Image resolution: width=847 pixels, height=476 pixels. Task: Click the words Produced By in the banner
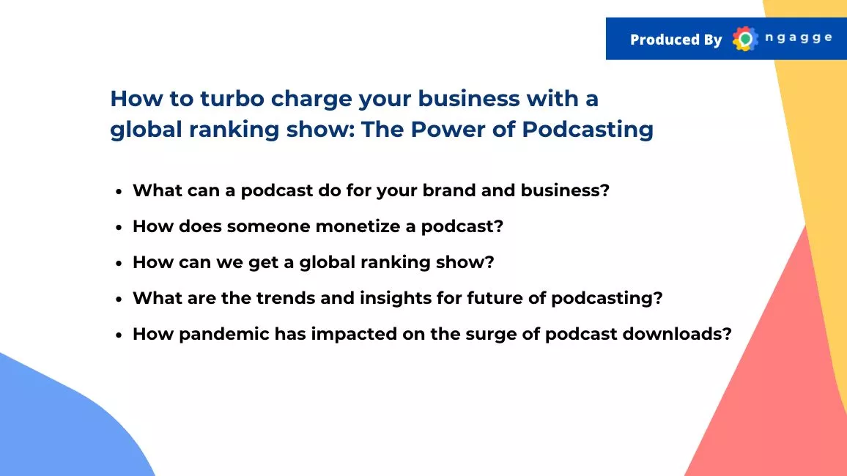pyautogui.click(x=676, y=40)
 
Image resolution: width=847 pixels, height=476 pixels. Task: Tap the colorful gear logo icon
pyautogui.click(x=745, y=39)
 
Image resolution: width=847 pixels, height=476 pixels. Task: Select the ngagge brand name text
pyautogui.click(x=799, y=38)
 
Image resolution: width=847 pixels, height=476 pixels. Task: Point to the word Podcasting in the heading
pyautogui.click(x=588, y=130)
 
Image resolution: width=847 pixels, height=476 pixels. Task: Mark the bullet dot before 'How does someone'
pyautogui.click(x=119, y=228)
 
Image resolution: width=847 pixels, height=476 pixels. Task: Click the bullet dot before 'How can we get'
pyautogui.click(x=119, y=264)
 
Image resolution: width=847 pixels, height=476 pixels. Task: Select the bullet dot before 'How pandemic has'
pyautogui.click(x=119, y=335)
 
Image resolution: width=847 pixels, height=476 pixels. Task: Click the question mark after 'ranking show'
pyautogui.click(x=489, y=261)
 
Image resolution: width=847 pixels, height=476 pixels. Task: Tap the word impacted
pyautogui.click(x=354, y=335)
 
